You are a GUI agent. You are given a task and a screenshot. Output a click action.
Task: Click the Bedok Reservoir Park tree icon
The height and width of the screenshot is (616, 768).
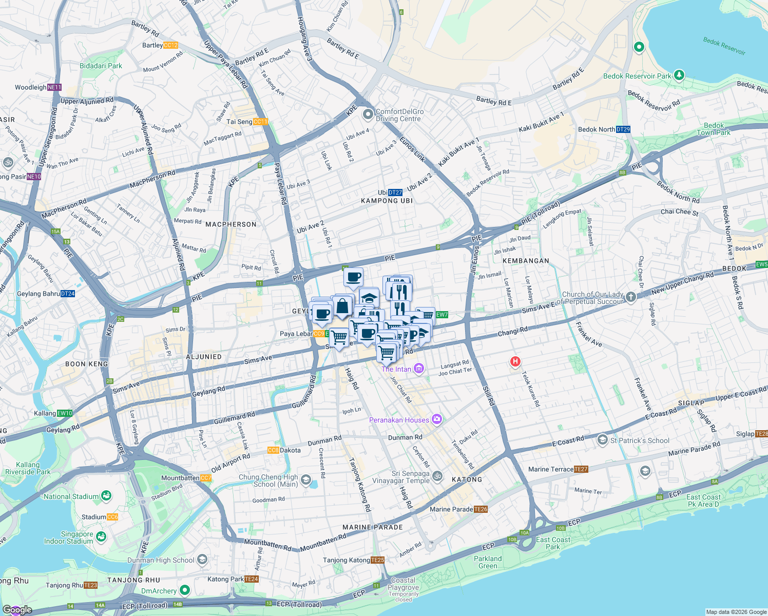click(679, 75)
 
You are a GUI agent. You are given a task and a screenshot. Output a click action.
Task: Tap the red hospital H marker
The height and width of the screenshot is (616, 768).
click(515, 361)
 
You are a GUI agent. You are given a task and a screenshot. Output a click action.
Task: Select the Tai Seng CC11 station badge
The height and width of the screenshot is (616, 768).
click(260, 122)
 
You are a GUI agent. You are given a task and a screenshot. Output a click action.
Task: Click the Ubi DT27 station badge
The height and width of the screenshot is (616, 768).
click(395, 192)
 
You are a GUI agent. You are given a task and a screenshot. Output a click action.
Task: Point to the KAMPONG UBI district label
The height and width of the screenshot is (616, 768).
click(387, 201)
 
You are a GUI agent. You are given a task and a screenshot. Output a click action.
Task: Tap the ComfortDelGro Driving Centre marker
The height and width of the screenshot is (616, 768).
click(368, 114)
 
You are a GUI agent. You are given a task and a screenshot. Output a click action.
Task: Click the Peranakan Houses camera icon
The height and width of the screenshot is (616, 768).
click(436, 420)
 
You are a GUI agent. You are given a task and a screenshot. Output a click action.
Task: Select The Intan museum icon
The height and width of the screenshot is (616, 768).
click(419, 369)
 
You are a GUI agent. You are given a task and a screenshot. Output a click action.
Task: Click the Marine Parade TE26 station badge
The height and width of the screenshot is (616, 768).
click(481, 509)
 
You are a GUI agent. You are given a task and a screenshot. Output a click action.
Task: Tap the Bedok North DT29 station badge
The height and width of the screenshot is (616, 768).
click(623, 129)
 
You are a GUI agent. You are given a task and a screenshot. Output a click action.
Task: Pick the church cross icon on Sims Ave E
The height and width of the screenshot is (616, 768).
click(631, 297)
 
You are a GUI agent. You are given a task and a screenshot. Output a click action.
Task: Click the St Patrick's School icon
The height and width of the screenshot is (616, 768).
click(602, 440)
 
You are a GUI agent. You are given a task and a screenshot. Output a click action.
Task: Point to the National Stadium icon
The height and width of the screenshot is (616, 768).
click(106, 496)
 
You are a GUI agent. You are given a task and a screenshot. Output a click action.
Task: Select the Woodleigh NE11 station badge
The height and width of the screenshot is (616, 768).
click(54, 87)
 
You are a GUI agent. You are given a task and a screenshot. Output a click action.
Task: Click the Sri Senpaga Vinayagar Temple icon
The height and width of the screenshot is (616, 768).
click(437, 476)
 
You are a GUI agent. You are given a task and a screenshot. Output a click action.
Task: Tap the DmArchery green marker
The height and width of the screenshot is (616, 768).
click(185, 591)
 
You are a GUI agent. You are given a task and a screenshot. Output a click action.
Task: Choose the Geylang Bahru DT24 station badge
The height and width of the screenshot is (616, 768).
click(68, 294)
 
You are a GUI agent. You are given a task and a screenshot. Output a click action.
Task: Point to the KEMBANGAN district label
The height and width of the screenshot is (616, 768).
click(526, 261)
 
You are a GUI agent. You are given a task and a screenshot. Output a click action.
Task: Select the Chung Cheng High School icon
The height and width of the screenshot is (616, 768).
click(306, 480)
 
